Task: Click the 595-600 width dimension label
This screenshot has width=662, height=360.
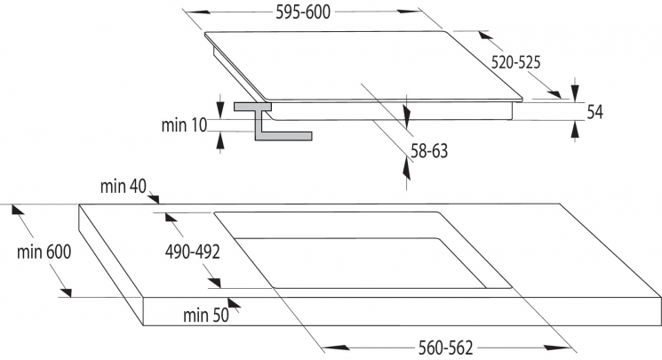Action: click(303, 12)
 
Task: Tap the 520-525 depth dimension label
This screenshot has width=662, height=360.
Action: click(515, 62)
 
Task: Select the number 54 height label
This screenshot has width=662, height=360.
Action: click(594, 111)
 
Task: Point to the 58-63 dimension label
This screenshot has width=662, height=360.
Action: click(429, 151)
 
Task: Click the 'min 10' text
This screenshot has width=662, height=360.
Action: click(184, 125)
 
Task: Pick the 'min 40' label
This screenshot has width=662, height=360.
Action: click(124, 186)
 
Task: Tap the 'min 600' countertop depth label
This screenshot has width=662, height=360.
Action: click(44, 252)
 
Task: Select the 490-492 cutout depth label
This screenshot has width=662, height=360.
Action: click(193, 252)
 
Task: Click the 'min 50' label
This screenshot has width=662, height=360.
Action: click(206, 315)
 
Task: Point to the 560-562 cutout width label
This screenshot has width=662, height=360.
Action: click(445, 348)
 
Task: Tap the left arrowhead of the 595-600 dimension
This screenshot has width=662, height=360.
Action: click(199, 12)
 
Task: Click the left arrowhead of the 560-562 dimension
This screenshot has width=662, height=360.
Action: click(338, 348)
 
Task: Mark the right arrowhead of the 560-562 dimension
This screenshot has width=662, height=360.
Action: click(558, 348)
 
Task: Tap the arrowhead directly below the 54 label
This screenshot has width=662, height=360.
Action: click(574, 129)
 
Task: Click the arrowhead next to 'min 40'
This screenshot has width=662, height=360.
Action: click(153, 198)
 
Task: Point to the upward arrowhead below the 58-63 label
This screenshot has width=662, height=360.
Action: click(406, 168)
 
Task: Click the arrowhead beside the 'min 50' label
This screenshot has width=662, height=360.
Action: click(234, 303)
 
